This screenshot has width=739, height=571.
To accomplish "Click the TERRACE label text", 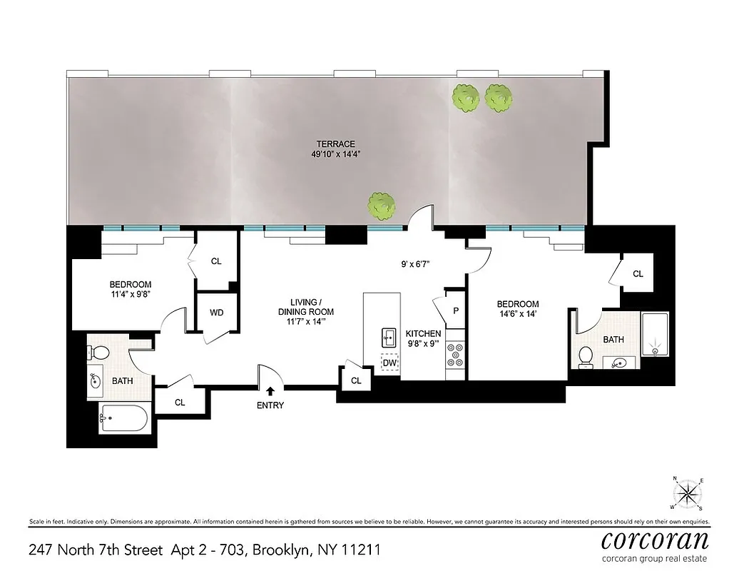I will pos(338,143).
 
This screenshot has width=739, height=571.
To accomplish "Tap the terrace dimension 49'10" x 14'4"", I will pos(338,153).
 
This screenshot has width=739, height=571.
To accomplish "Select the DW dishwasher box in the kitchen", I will pos(389,363).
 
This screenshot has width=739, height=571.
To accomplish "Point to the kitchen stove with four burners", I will pos(455,355).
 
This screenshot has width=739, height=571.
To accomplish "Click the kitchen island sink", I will pos(389,335).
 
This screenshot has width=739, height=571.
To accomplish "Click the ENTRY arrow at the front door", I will pos(270,391).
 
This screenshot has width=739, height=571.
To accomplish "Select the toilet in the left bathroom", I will pos(100,352).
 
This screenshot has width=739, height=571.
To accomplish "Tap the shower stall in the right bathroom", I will pos(654,334).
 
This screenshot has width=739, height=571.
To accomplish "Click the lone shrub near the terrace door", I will pos(382,206).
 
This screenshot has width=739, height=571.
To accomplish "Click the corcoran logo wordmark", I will pos(654,539).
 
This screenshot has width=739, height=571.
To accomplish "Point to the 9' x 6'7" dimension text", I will pos(419,263).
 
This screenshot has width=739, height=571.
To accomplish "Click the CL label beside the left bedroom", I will pos(216,261).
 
